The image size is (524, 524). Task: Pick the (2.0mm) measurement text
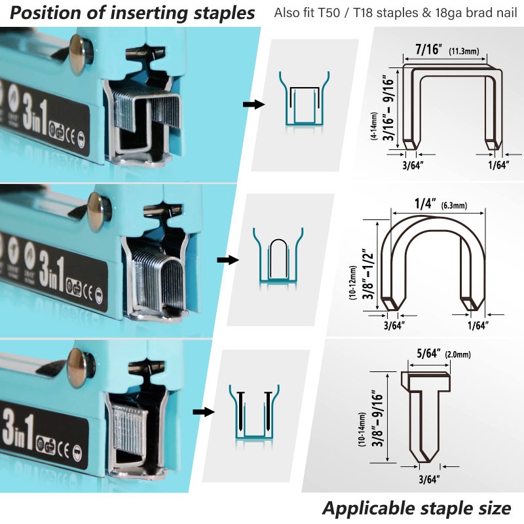458,355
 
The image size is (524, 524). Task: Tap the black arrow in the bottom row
204,412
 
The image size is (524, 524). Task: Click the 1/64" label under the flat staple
498,166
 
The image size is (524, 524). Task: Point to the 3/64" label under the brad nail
429,479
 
